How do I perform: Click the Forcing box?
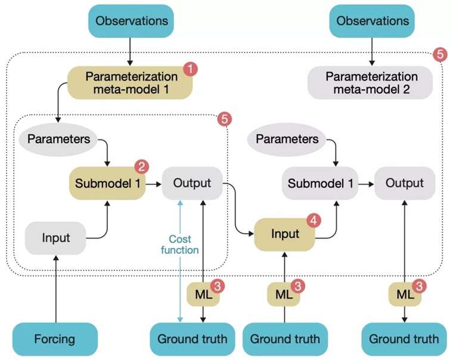coord(54,339)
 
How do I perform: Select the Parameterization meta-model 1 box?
coord(131,83)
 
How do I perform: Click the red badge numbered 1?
coord(190,69)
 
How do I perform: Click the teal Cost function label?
coord(179,244)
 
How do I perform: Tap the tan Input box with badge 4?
coord(285,234)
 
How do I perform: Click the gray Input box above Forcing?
coord(55,238)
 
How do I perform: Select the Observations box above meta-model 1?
coord(131,20)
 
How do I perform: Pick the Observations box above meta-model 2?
coord(373,20)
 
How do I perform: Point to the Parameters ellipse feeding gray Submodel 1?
coord(287,139)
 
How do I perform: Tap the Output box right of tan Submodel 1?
coord(192,182)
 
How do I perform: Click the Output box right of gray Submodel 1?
coord(404,182)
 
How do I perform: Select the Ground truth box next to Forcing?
coord(192,339)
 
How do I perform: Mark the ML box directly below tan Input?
coord(284,293)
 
